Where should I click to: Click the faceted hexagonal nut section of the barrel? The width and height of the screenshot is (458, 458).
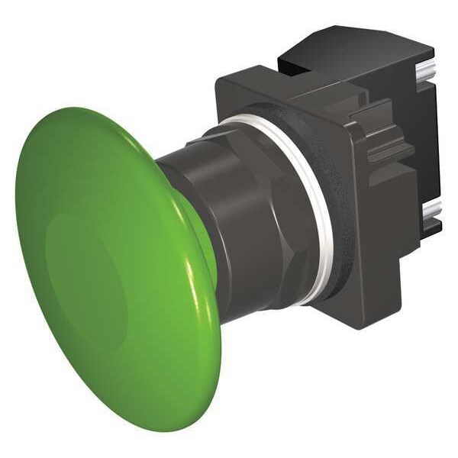point(263,229)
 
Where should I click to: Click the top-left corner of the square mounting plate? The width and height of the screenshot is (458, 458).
point(221,80)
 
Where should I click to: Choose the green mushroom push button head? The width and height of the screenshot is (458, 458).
point(114,267)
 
